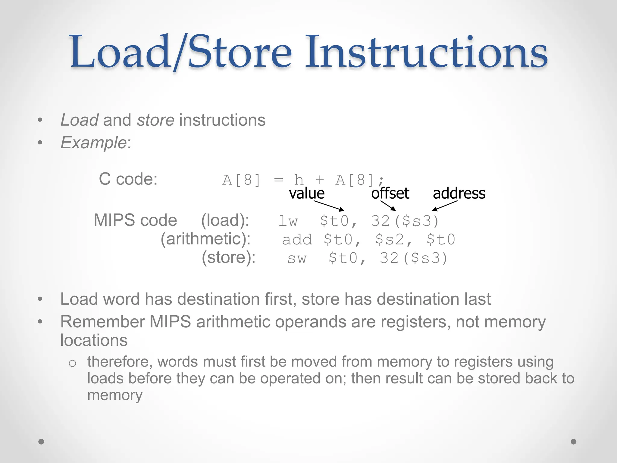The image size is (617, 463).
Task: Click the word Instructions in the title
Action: (426, 52)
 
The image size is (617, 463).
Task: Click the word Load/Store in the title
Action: (181, 52)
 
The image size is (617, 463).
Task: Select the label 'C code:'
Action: (128, 179)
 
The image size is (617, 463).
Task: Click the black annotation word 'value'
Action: (307, 193)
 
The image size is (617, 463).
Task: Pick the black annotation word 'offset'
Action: (390, 193)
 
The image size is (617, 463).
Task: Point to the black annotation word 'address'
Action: (459, 193)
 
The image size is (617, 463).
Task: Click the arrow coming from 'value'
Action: (329, 206)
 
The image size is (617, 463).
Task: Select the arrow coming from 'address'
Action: (445, 206)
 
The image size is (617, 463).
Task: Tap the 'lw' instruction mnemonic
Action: (288, 221)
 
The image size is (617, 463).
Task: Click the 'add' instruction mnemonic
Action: (297, 240)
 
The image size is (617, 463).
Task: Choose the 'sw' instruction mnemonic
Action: (297, 259)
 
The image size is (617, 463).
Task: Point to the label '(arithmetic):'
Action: (205, 239)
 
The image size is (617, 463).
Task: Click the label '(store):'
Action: (228, 258)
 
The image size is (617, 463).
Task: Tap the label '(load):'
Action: (225, 220)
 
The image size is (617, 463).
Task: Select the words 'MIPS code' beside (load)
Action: (135, 220)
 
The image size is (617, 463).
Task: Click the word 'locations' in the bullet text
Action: (94, 340)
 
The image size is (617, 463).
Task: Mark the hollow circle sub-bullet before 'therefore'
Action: (72, 363)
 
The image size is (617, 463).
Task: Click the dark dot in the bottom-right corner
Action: (574, 442)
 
